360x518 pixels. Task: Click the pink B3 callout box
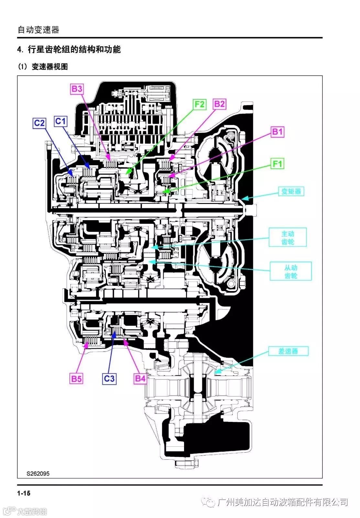(77, 89)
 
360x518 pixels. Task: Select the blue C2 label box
(39, 123)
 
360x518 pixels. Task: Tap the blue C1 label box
(61, 121)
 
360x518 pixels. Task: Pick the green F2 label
(200, 104)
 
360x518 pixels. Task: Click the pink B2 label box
(220, 104)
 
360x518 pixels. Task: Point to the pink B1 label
(277, 132)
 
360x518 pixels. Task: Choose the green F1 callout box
(277, 164)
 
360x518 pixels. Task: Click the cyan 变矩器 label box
(291, 191)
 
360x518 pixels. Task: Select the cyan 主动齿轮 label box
(288, 237)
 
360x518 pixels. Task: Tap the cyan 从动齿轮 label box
(291, 271)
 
